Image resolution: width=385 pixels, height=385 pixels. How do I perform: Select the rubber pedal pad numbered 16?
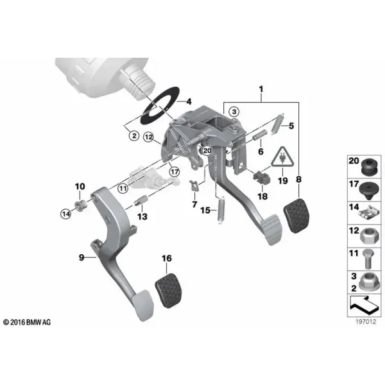pyautogui.click(x=168, y=291)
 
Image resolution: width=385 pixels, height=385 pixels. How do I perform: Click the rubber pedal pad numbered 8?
pyautogui.click(x=296, y=215)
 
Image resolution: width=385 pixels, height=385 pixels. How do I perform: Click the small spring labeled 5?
pyautogui.click(x=278, y=124)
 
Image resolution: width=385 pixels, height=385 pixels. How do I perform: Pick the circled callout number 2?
pyautogui.click(x=134, y=135)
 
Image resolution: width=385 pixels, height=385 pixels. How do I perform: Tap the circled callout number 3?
pyautogui.click(x=234, y=112)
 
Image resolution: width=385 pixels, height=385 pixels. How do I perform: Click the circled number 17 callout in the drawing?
pyautogui.click(x=175, y=171)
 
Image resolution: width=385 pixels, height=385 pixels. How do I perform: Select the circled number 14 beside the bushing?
pyautogui.click(x=66, y=214)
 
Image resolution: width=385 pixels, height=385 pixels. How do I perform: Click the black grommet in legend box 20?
pyautogui.click(x=370, y=167)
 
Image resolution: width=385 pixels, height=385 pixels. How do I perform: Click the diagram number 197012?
pyautogui.click(x=366, y=321)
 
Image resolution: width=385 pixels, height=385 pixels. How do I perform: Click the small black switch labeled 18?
pyautogui.click(x=262, y=178)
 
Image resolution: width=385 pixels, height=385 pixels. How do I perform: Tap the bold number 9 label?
pyautogui.click(x=81, y=257)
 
